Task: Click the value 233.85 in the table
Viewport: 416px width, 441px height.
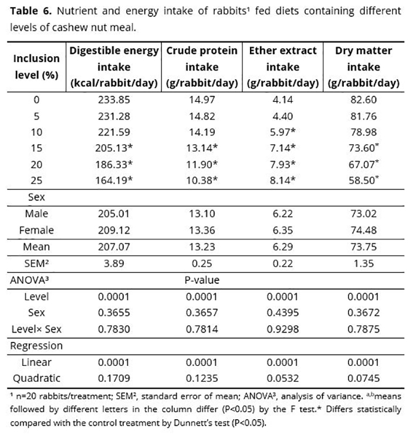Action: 114,100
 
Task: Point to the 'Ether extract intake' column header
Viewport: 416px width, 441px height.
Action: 282,67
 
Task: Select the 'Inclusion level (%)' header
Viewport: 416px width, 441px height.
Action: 36,67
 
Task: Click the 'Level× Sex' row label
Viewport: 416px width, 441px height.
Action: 36,328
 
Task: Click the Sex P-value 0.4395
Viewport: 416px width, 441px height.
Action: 282,313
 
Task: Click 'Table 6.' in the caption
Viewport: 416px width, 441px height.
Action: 31,11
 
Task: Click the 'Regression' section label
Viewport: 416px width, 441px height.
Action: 36,345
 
